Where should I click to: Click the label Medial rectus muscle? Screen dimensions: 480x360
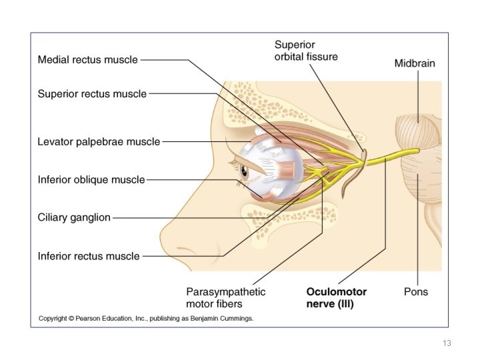coord(87,60)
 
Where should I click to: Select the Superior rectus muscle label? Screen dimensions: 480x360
coord(92,94)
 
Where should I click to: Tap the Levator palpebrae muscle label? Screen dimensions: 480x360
coord(99,142)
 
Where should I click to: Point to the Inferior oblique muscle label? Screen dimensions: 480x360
coord(91,180)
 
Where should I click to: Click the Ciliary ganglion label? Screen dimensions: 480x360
coord(74,217)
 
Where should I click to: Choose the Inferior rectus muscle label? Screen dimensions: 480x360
coord(89,256)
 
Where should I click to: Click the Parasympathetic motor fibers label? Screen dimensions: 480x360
coord(225,297)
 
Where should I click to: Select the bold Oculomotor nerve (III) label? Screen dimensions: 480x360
coord(337,297)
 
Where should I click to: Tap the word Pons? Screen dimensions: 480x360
coord(416,292)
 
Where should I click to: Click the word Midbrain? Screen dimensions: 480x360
coord(415,63)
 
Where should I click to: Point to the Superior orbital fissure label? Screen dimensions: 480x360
coord(306,51)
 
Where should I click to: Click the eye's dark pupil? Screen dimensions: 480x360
coord(244,171)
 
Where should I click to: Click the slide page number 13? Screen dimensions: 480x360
coord(447,343)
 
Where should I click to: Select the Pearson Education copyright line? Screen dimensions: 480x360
coord(146,319)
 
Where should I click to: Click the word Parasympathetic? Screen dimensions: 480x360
coord(225,292)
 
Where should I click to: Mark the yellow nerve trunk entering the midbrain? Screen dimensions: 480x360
coord(392,157)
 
